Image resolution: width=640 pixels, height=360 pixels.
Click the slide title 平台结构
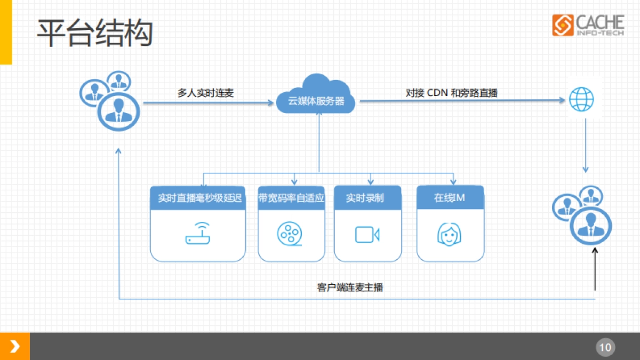(x=95, y=33)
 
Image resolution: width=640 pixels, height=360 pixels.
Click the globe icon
(x=581, y=99)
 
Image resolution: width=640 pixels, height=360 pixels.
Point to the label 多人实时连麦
(x=205, y=93)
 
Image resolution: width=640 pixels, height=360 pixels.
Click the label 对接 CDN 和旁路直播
(x=451, y=93)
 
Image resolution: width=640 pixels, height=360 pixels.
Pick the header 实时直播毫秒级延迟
(x=198, y=198)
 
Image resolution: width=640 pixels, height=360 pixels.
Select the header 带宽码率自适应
(x=291, y=198)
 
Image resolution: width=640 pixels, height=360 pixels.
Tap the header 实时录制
(x=367, y=198)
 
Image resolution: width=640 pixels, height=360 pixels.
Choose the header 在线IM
(x=450, y=198)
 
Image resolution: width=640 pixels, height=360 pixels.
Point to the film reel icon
(x=290, y=234)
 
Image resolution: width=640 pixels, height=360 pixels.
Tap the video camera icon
(x=367, y=234)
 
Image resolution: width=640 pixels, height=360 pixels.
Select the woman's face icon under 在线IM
(x=450, y=234)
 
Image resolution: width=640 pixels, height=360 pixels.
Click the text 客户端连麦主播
(x=350, y=287)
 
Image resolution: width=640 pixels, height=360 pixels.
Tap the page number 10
(x=605, y=348)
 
